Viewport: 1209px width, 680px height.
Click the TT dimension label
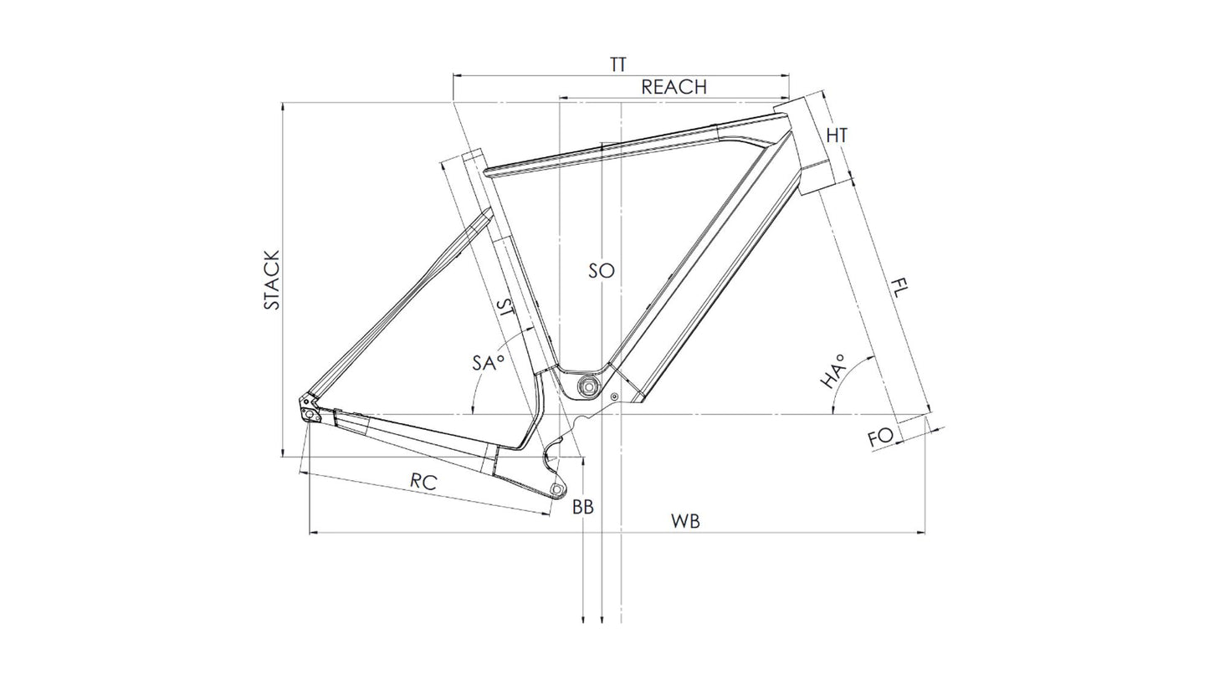(x=617, y=65)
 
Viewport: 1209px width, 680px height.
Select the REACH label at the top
(x=674, y=87)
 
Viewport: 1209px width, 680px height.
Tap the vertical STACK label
(x=273, y=280)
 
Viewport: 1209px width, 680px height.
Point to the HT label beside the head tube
(x=837, y=135)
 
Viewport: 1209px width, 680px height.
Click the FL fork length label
(x=899, y=286)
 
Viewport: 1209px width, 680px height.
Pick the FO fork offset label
(x=880, y=437)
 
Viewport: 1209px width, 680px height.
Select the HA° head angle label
(x=832, y=372)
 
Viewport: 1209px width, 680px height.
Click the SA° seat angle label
(x=488, y=362)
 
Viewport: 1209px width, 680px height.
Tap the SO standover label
(x=601, y=271)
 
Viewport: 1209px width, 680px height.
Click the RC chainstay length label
(x=423, y=482)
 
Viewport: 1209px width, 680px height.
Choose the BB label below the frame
(x=583, y=507)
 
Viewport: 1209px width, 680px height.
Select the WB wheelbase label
(x=685, y=522)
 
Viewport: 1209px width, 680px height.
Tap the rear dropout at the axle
(x=310, y=413)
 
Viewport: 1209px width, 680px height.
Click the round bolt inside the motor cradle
(x=588, y=386)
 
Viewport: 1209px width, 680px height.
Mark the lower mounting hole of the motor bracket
(x=555, y=488)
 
